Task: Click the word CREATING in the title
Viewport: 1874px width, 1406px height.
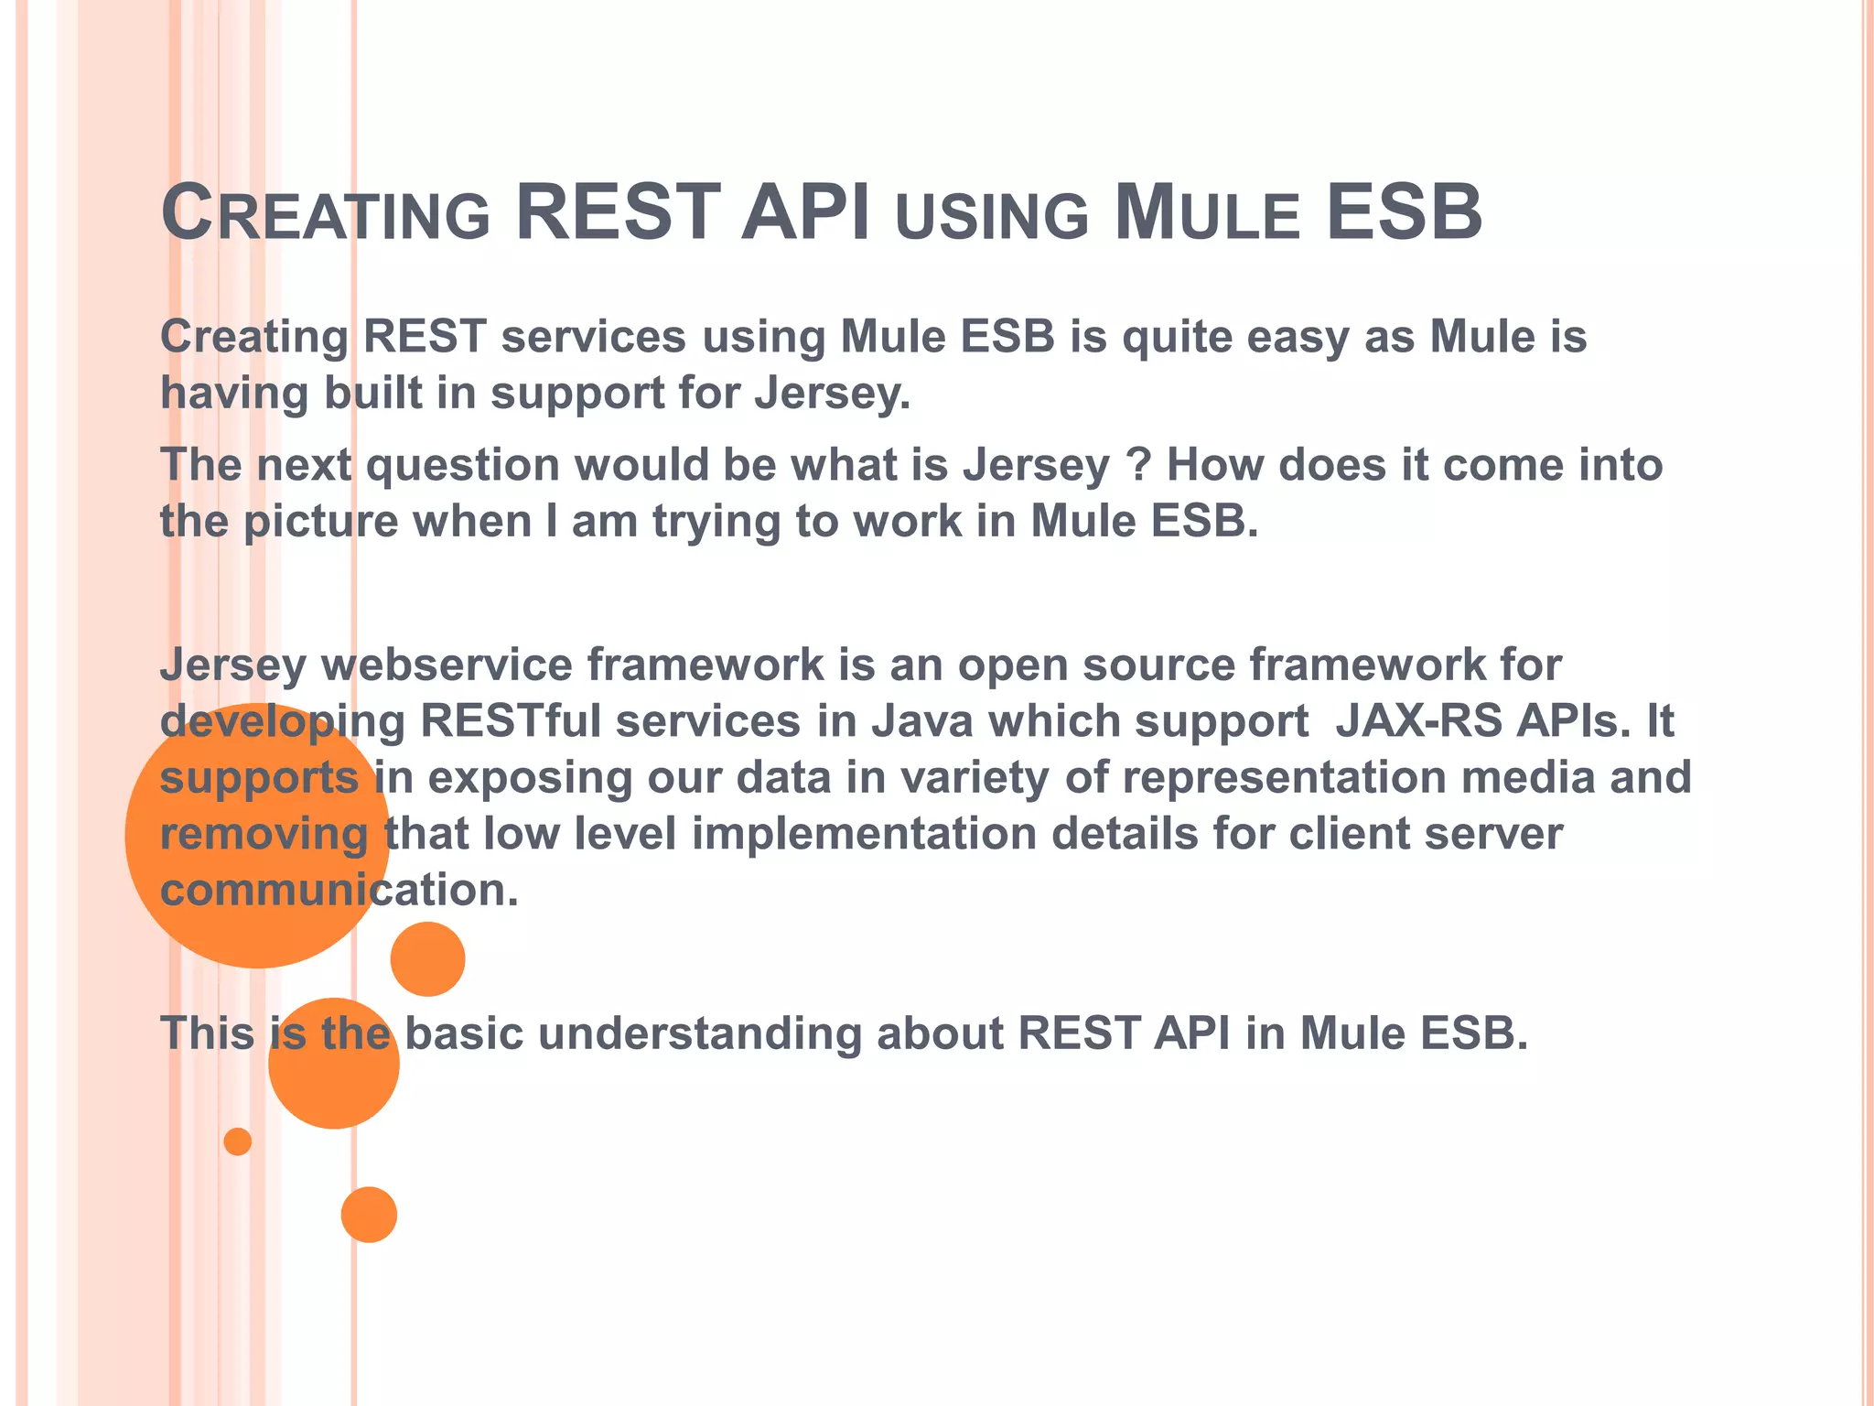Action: [325, 213]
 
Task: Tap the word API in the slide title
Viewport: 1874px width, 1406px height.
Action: [805, 213]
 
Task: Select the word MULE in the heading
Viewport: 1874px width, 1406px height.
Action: [1206, 213]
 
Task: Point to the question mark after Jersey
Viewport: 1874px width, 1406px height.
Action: [1138, 464]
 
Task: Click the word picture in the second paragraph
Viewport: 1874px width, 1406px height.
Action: [320, 522]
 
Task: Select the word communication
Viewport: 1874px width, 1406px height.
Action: [339, 890]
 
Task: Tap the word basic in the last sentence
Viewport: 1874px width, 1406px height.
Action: [464, 1033]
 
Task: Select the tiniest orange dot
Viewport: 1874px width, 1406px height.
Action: [238, 1141]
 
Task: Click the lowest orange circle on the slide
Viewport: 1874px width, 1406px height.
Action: [369, 1215]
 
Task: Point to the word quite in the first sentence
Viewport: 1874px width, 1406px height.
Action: [1177, 337]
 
